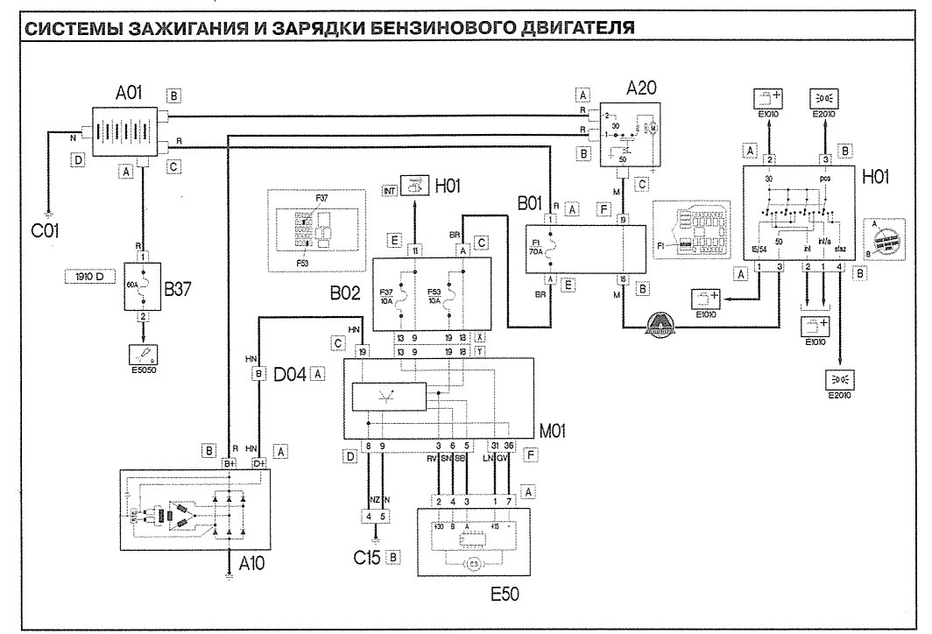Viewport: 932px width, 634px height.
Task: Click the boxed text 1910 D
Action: (88, 277)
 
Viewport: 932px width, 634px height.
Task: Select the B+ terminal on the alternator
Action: (229, 463)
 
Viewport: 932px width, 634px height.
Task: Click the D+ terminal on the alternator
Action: (258, 463)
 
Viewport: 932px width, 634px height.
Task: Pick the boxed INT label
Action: (389, 189)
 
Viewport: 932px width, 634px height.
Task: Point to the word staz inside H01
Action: (839, 250)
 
